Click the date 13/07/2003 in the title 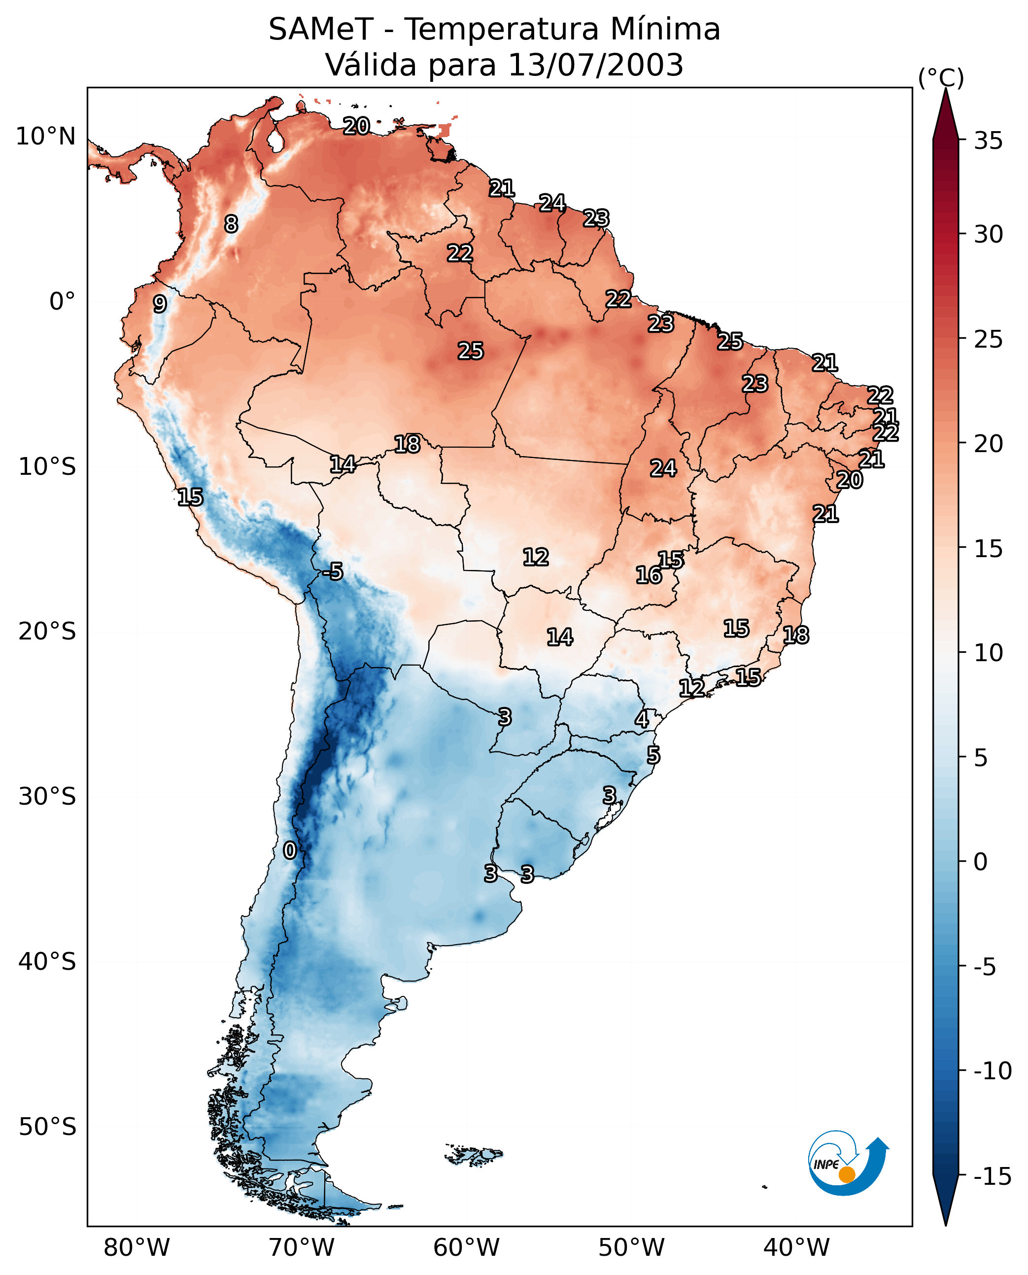[595, 65]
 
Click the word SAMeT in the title [320, 29]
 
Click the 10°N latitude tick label [46, 137]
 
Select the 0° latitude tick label [62, 302]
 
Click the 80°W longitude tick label [137, 1247]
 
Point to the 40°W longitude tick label [796, 1247]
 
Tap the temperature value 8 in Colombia [231, 224]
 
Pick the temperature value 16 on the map [649, 575]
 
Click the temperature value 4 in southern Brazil [642, 719]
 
